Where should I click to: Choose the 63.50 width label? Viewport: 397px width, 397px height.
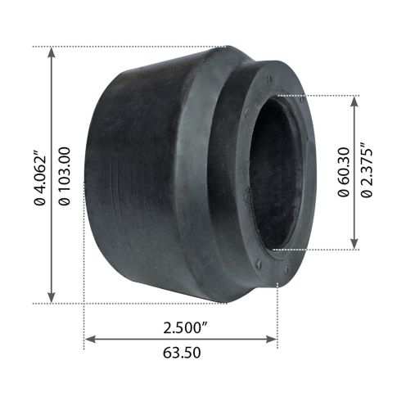[182, 354]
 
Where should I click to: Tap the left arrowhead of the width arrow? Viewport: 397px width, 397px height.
[89, 337]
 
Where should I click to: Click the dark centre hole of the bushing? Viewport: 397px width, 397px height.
[274, 172]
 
